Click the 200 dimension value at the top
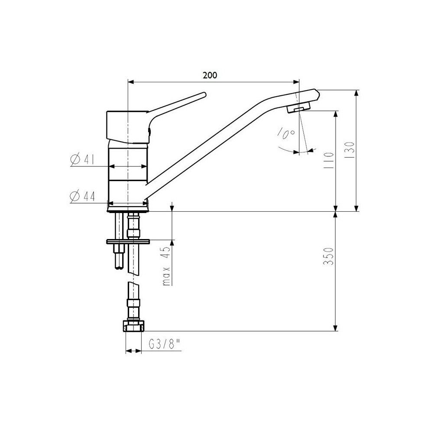210,75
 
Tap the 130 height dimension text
350,150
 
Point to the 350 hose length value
329,256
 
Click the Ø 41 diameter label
82,159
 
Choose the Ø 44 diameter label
82,196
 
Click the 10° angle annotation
286,132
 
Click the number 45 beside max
167,252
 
